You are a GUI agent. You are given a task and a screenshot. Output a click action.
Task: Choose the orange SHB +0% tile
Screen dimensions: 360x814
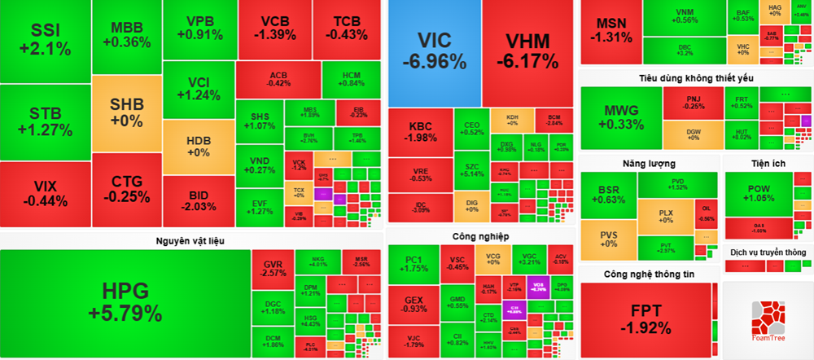point(126,113)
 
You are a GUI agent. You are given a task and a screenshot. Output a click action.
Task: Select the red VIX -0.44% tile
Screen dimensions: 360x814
point(45,194)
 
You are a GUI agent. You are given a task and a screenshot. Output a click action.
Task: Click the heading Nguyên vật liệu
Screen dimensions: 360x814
point(190,240)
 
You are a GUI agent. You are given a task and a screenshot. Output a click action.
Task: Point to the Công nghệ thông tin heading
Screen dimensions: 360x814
point(649,274)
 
